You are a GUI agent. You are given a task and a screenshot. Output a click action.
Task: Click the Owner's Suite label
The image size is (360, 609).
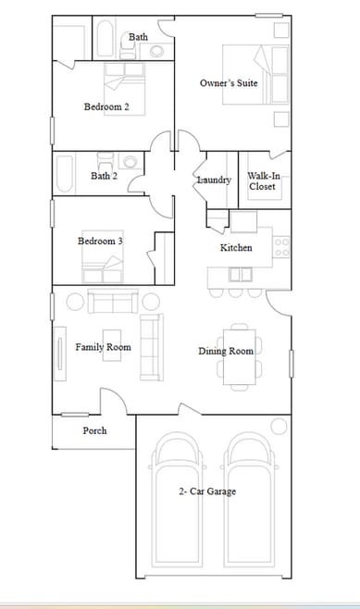click(x=229, y=83)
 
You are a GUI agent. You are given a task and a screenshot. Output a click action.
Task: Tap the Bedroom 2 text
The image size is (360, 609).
click(x=106, y=106)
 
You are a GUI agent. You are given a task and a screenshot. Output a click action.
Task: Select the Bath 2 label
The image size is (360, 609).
click(x=104, y=175)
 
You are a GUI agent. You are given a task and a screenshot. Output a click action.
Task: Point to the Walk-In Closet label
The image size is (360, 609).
click(x=263, y=180)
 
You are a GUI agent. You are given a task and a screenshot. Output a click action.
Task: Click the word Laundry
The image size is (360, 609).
click(x=214, y=180)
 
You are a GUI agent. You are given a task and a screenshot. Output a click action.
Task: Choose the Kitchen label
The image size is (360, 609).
click(x=236, y=248)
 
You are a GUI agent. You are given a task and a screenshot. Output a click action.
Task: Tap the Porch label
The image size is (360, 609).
click(x=94, y=430)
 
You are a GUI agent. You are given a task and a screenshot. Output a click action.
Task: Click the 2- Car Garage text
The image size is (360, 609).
click(x=207, y=491)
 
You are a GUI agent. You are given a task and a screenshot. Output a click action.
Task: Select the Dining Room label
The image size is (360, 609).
click(x=226, y=351)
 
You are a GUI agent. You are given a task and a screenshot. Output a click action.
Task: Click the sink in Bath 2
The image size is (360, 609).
click(x=130, y=163)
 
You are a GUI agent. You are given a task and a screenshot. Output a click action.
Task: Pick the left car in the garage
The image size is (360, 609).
click(x=177, y=501)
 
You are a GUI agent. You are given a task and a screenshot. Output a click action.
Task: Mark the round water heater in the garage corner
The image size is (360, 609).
click(x=279, y=426)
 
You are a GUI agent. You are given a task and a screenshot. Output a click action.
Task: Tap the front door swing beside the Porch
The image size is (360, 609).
click(x=113, y=402)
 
